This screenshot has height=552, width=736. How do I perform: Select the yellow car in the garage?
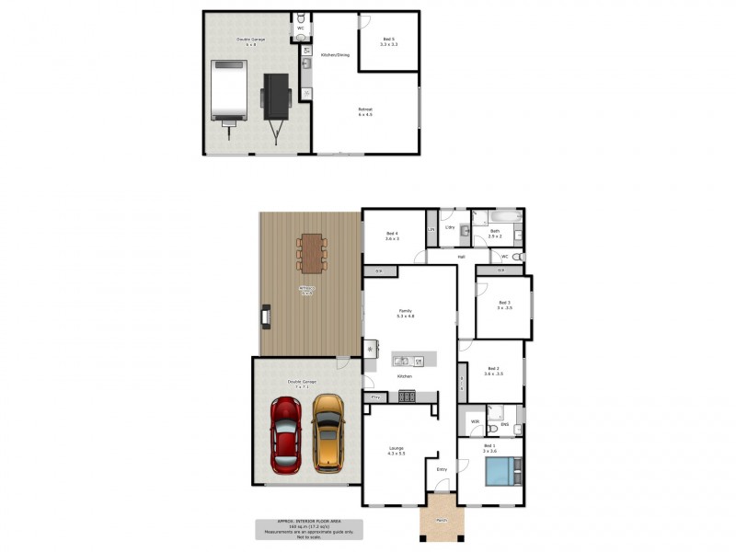tap(327, 432)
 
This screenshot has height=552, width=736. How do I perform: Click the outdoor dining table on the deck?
tap(312, 253)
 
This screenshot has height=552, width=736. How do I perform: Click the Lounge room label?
tap(396, 448)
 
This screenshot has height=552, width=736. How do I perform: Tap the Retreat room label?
tap(365, 110)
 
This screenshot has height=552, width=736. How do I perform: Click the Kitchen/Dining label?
tap(335, 55)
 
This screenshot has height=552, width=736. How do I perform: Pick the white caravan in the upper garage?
tap(229, 90)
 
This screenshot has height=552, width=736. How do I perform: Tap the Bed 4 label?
tap(392, 235)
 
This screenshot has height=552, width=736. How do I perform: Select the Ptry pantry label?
tap(375, 398)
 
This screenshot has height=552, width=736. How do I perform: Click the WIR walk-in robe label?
tap(475, 422)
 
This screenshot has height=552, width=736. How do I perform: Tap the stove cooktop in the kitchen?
tap(406, 397)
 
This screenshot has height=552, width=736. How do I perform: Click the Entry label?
tap(442, 469)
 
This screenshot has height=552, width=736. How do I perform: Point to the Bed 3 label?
tap(504, 303)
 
